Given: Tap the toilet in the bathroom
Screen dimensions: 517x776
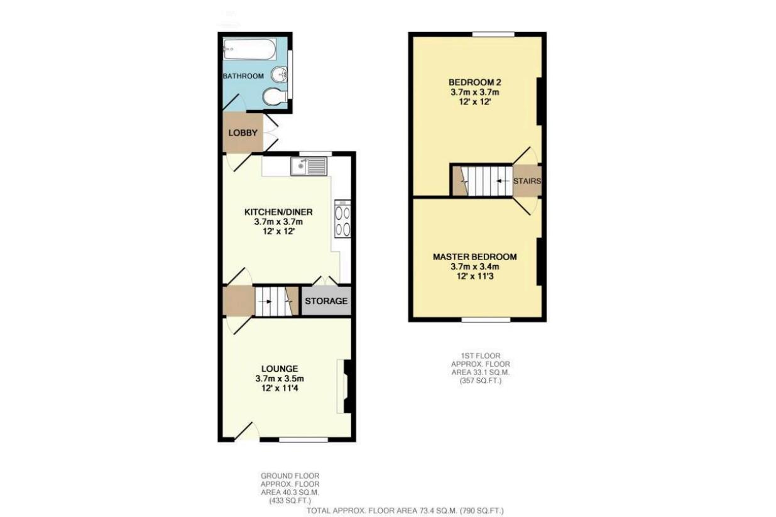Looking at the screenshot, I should pos(273,97).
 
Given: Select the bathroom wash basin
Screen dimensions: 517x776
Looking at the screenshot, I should pos(280,75).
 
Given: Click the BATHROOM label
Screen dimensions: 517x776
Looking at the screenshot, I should pos(243,76).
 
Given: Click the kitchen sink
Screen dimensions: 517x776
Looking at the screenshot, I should pos(309,166).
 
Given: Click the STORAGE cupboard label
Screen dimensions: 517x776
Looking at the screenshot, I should pos(325,301).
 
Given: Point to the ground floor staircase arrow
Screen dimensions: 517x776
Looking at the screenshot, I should pos(269,301).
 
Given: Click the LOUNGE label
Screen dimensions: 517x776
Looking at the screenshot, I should pos(280,368).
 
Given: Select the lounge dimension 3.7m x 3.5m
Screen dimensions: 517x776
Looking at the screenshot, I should pos(280,379).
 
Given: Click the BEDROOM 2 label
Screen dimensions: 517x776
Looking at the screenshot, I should pos(474,82).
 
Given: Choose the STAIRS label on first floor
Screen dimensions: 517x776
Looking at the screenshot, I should pos(527,181).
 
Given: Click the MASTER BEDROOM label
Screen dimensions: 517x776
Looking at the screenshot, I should pos(474,256).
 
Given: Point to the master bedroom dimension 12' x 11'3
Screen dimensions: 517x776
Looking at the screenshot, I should pos(474,276).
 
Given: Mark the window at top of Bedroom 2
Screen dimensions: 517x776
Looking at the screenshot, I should pos(493,34).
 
